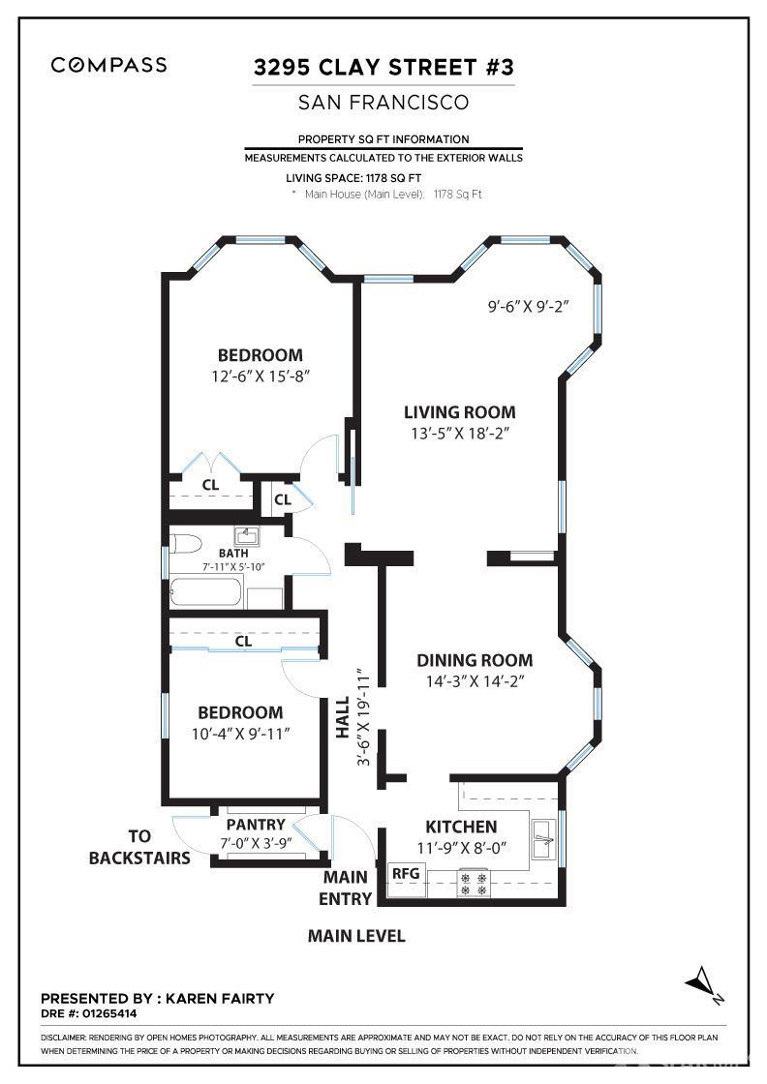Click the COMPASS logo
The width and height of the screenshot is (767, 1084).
tap(108, 66)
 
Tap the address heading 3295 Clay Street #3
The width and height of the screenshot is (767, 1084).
tap(383, 68)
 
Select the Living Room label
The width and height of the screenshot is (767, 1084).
tap(459, 412)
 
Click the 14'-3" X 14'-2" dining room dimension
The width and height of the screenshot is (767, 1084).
tap(475, 681)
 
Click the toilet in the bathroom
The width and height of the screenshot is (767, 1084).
tap(184, 541)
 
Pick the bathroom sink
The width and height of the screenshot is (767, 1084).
tap(245, 536)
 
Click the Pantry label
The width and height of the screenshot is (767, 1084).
tap(256, 825)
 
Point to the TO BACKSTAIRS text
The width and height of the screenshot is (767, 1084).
tap(139, 847)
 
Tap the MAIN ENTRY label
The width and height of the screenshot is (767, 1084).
tap(346, 888)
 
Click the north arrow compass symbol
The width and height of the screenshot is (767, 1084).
tap(704, 983)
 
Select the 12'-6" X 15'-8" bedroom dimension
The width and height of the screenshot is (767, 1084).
tap(260, 376)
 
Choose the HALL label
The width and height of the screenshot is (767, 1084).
tap(342, 718)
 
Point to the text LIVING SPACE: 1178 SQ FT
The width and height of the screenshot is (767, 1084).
tap(354, 178)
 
